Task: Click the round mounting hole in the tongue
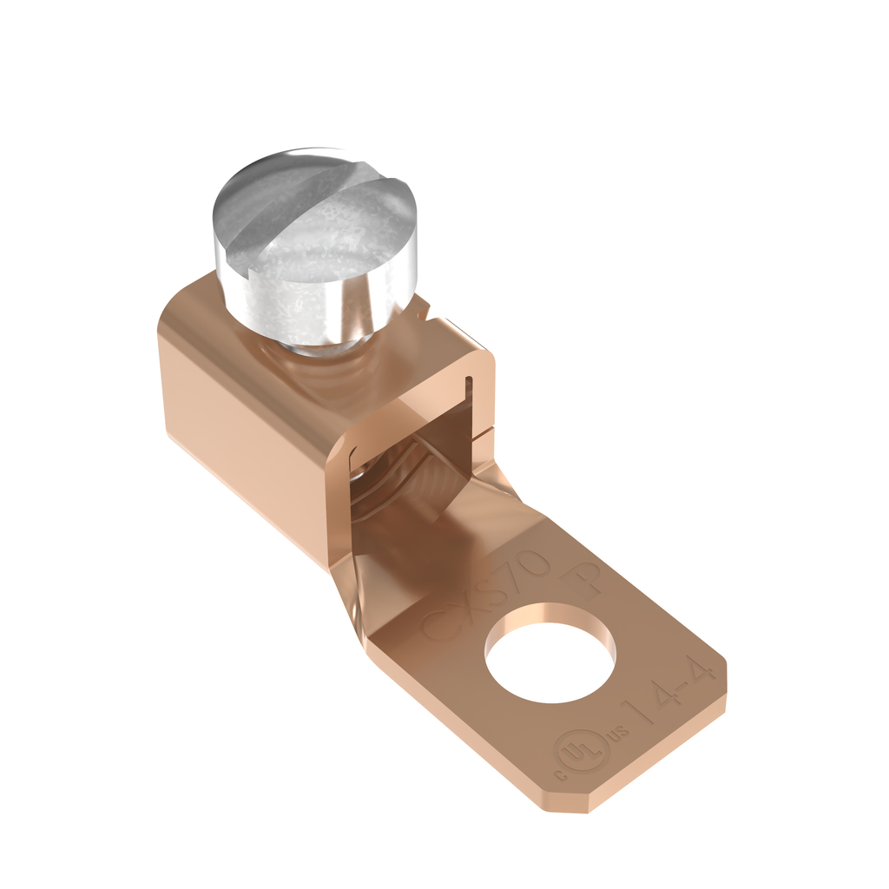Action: point(550,651)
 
